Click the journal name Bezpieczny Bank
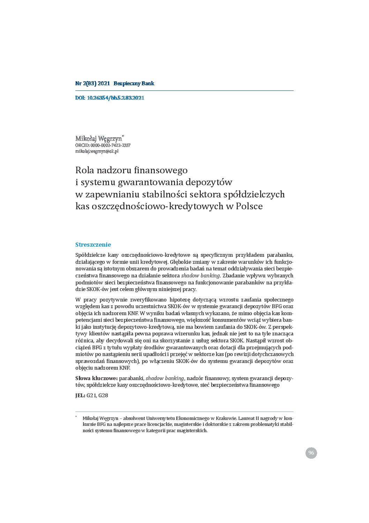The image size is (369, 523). click(134, 83)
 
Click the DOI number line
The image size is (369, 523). click(110, 98)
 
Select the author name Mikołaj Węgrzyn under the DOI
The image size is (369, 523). click(99, 139)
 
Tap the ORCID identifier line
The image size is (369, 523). click(103, 145)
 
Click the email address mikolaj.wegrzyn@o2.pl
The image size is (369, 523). click(97, 151)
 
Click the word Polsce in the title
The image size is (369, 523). click(249, 206)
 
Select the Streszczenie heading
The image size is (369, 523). click(93, 245)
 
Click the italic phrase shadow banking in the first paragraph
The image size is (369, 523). click(200, 276)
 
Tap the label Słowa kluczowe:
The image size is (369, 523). click(97, 378)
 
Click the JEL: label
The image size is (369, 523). click(80, 395)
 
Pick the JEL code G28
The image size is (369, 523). click(103, 395)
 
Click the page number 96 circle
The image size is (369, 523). click(311, 453)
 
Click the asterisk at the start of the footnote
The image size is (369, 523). click(76, 417)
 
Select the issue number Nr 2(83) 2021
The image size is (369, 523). click(92, 83)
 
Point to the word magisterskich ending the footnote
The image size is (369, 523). click(192, 431)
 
